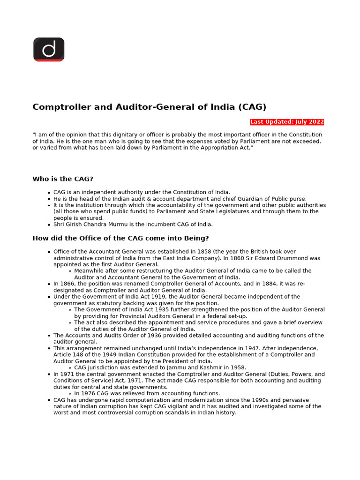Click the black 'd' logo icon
[x=49, y=49]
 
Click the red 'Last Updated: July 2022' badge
[x=287, y=122]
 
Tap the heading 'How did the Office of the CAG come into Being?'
[x=120, y=238]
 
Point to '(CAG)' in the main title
[x=252, y=107]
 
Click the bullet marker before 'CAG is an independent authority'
[x=49, y=193]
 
